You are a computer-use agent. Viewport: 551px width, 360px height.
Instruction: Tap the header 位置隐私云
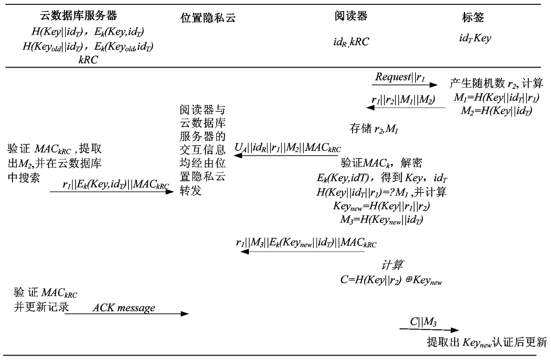click(207, 17)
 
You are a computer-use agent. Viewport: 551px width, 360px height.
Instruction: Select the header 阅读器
click(351, 16)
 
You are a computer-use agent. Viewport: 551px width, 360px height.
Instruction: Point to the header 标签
click(473, 17)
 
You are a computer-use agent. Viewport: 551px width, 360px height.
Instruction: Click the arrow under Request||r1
click(404, 85)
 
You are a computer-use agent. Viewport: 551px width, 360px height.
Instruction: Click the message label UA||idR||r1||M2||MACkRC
click(287, 148)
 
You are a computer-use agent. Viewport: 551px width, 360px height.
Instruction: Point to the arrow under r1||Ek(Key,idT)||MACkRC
click(112, 192)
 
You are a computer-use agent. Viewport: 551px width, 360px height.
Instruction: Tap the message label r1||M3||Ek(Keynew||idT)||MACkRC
click(306, 243)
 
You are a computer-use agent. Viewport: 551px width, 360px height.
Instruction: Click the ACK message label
click(124, 307)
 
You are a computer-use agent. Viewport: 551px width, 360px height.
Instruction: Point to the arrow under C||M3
click(428, 330)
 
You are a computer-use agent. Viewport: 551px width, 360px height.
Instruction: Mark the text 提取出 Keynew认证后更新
click(487, 342)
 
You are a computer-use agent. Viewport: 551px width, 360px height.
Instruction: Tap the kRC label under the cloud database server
click(88, 60)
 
